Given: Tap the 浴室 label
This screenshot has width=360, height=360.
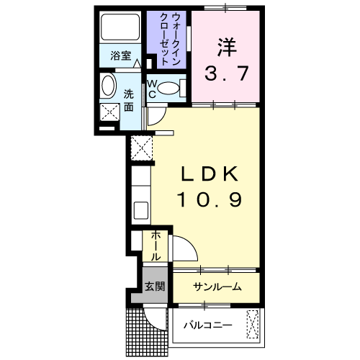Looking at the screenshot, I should click(x=120, y=55).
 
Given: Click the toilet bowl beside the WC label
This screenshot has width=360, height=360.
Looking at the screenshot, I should click(x=169, y=89).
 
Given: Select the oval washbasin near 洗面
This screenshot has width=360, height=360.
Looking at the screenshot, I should click(x=107, y=87).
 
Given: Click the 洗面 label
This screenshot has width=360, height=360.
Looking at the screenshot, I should click(x=128, y=100).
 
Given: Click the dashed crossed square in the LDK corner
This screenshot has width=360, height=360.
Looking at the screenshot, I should click(x=141, y=148).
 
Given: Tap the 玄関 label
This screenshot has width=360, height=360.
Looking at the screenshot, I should click(x=155, y=287).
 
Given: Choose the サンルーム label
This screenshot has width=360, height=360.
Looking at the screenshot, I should click(x=217, y=287).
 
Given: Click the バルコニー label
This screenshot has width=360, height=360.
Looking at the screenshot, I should click(x=207, y=325).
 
